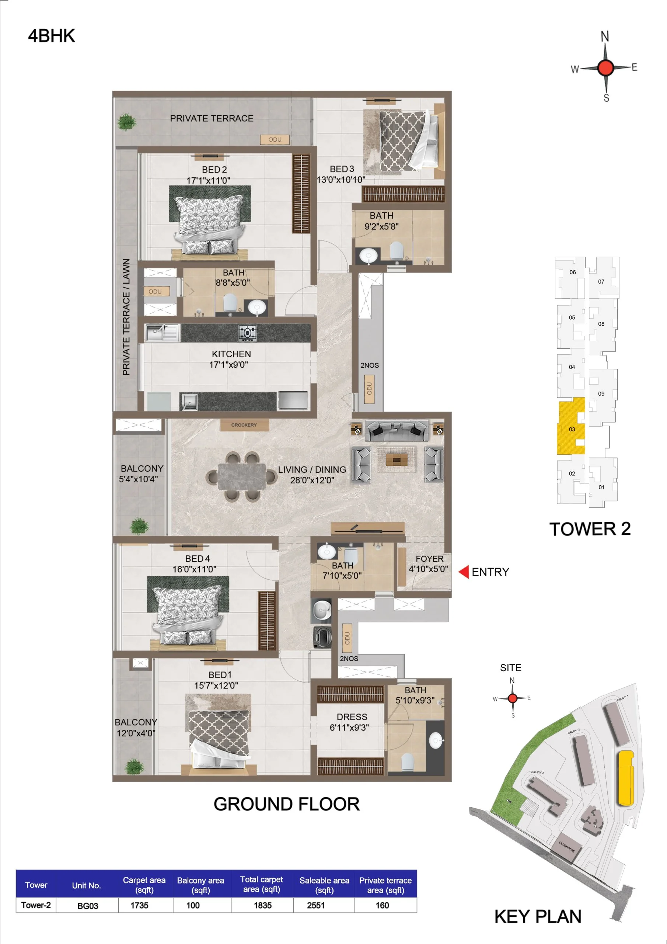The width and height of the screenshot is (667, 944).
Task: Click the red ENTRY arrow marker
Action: click(464, 572)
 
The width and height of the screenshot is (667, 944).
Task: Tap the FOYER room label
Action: click(429, 559)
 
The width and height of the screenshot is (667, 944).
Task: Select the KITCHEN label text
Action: click(231, 354)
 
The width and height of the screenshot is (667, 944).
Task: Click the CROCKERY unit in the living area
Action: click(244, 425)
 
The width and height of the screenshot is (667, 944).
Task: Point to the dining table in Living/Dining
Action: click(242, 477)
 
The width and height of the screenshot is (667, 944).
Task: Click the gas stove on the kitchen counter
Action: click(247, 333)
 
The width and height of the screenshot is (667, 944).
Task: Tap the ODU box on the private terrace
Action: click(275, 140)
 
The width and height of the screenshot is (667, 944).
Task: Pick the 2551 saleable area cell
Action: click(315, 905)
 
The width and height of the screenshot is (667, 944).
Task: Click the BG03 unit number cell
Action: click(88, 906)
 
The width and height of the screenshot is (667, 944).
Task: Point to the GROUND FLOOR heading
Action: click(286, 804)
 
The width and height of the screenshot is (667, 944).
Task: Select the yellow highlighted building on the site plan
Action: click(625, 778)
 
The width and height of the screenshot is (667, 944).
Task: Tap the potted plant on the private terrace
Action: click(126, 122)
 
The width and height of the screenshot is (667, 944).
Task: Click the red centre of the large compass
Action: click(605, 67)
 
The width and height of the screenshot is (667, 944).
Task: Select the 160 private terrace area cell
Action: click(382, 905)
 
